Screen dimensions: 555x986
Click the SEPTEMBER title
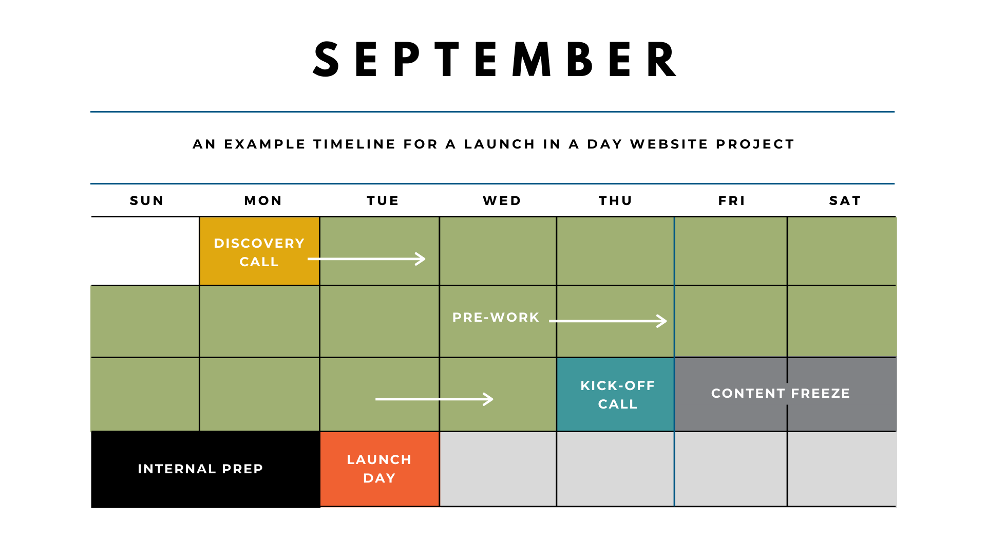coord(495,60)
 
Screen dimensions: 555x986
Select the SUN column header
coord(147,201)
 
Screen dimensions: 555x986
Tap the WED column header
coord(502,201)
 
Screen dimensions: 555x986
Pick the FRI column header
coord(732,201)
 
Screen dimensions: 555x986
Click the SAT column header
coord(845,201)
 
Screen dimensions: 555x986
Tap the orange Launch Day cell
coord(380,469)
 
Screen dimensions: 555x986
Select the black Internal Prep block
coord(201,469)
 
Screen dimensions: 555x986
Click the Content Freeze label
coord(781,394)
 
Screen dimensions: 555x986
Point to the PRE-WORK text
coord(496,318)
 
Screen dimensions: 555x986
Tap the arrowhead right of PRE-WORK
coord(662,321)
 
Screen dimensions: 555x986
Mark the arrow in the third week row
coord(434,399)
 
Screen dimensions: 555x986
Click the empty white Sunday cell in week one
coord(145,251)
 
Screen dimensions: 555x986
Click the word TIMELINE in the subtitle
coord(354,144)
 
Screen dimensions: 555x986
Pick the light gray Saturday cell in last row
coord(842,469)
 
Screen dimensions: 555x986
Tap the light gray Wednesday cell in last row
coord(498,469)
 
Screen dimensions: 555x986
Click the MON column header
coord(263,201)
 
